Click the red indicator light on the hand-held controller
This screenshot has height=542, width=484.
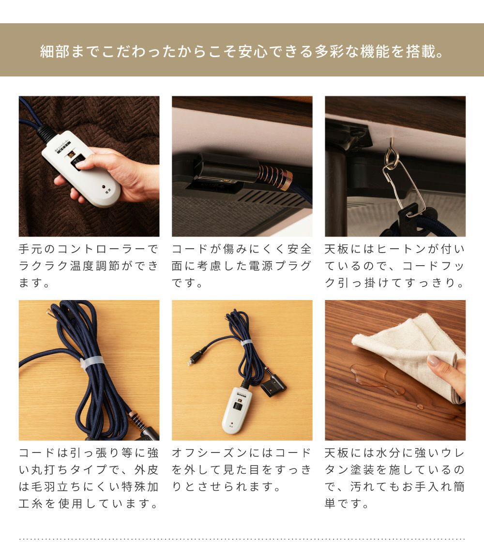(103, 187)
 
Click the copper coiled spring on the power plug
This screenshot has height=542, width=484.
(275, 176)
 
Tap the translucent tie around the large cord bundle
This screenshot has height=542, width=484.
(92, 361)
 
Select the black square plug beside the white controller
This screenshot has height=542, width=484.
(273, 387)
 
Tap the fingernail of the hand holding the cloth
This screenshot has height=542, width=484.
(433, 361)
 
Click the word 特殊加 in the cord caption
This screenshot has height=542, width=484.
(139, 487)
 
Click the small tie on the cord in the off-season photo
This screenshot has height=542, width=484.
(246, 343)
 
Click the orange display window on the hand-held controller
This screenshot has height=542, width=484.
(71, 154)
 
